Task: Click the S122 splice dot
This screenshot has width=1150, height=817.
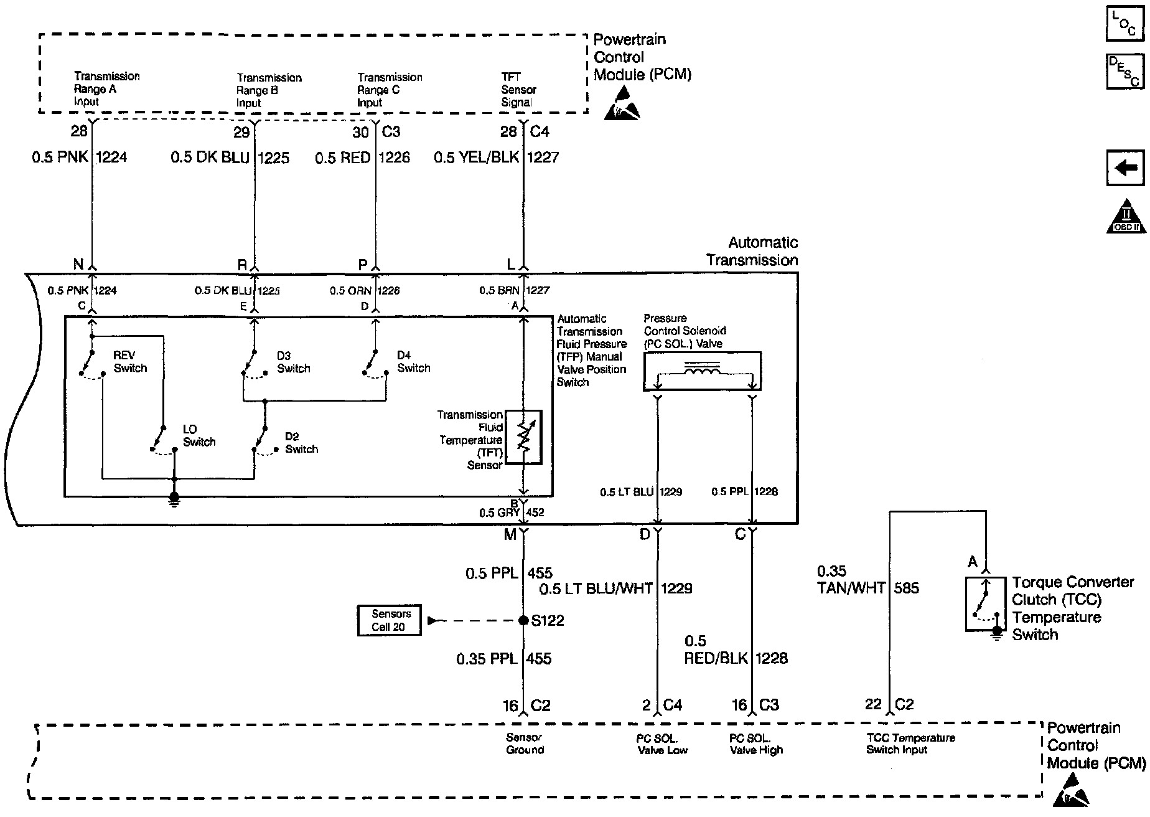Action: pos(523,620)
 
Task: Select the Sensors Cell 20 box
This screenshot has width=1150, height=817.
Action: pos(389,620)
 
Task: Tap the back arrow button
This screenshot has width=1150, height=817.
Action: pos(1125,168)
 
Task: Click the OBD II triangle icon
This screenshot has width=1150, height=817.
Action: pos(1126,217)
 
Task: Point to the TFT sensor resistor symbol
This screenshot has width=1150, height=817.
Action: pos(523,437)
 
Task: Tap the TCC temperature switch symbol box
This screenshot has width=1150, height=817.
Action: pos(985,605)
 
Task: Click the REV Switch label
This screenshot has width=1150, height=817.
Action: pos(130,361)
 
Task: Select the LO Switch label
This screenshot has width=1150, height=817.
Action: pos(199,435)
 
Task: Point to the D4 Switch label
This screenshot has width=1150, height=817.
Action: pos(413,361)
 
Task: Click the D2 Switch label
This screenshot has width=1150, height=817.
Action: pos(301,443)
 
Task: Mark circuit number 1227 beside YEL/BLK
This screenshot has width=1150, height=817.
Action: pos(543,158)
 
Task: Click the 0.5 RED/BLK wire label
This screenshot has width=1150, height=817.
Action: pos(716,650)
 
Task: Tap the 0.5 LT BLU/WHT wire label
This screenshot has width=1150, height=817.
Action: pos(596,588)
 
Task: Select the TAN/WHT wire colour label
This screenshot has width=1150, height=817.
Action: pos(851,588)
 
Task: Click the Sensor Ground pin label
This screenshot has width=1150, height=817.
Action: pos(525,744)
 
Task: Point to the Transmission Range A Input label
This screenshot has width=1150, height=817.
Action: pos(106,88)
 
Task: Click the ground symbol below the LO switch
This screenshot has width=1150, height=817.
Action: pos(174,499)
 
